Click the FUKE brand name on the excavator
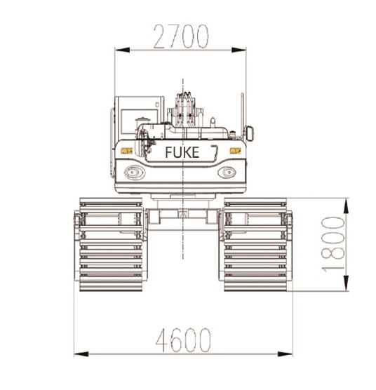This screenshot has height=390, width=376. click(x=182, y=152)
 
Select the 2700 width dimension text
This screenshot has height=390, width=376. click(x=182, y=36)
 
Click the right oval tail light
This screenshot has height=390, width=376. click(x=227, y=171)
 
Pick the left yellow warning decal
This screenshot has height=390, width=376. click(x=126, y=150)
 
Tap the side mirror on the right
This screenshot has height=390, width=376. click(x=248, y=133)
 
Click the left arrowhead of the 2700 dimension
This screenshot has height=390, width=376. click(x=120, y=49)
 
